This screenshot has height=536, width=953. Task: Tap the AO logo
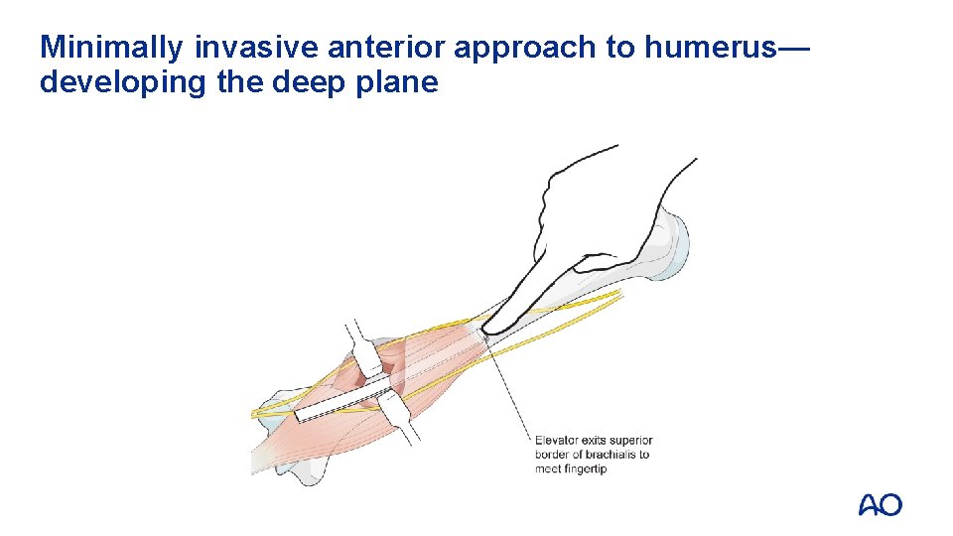point(880,504)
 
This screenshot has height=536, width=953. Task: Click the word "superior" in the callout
point(631,441)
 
